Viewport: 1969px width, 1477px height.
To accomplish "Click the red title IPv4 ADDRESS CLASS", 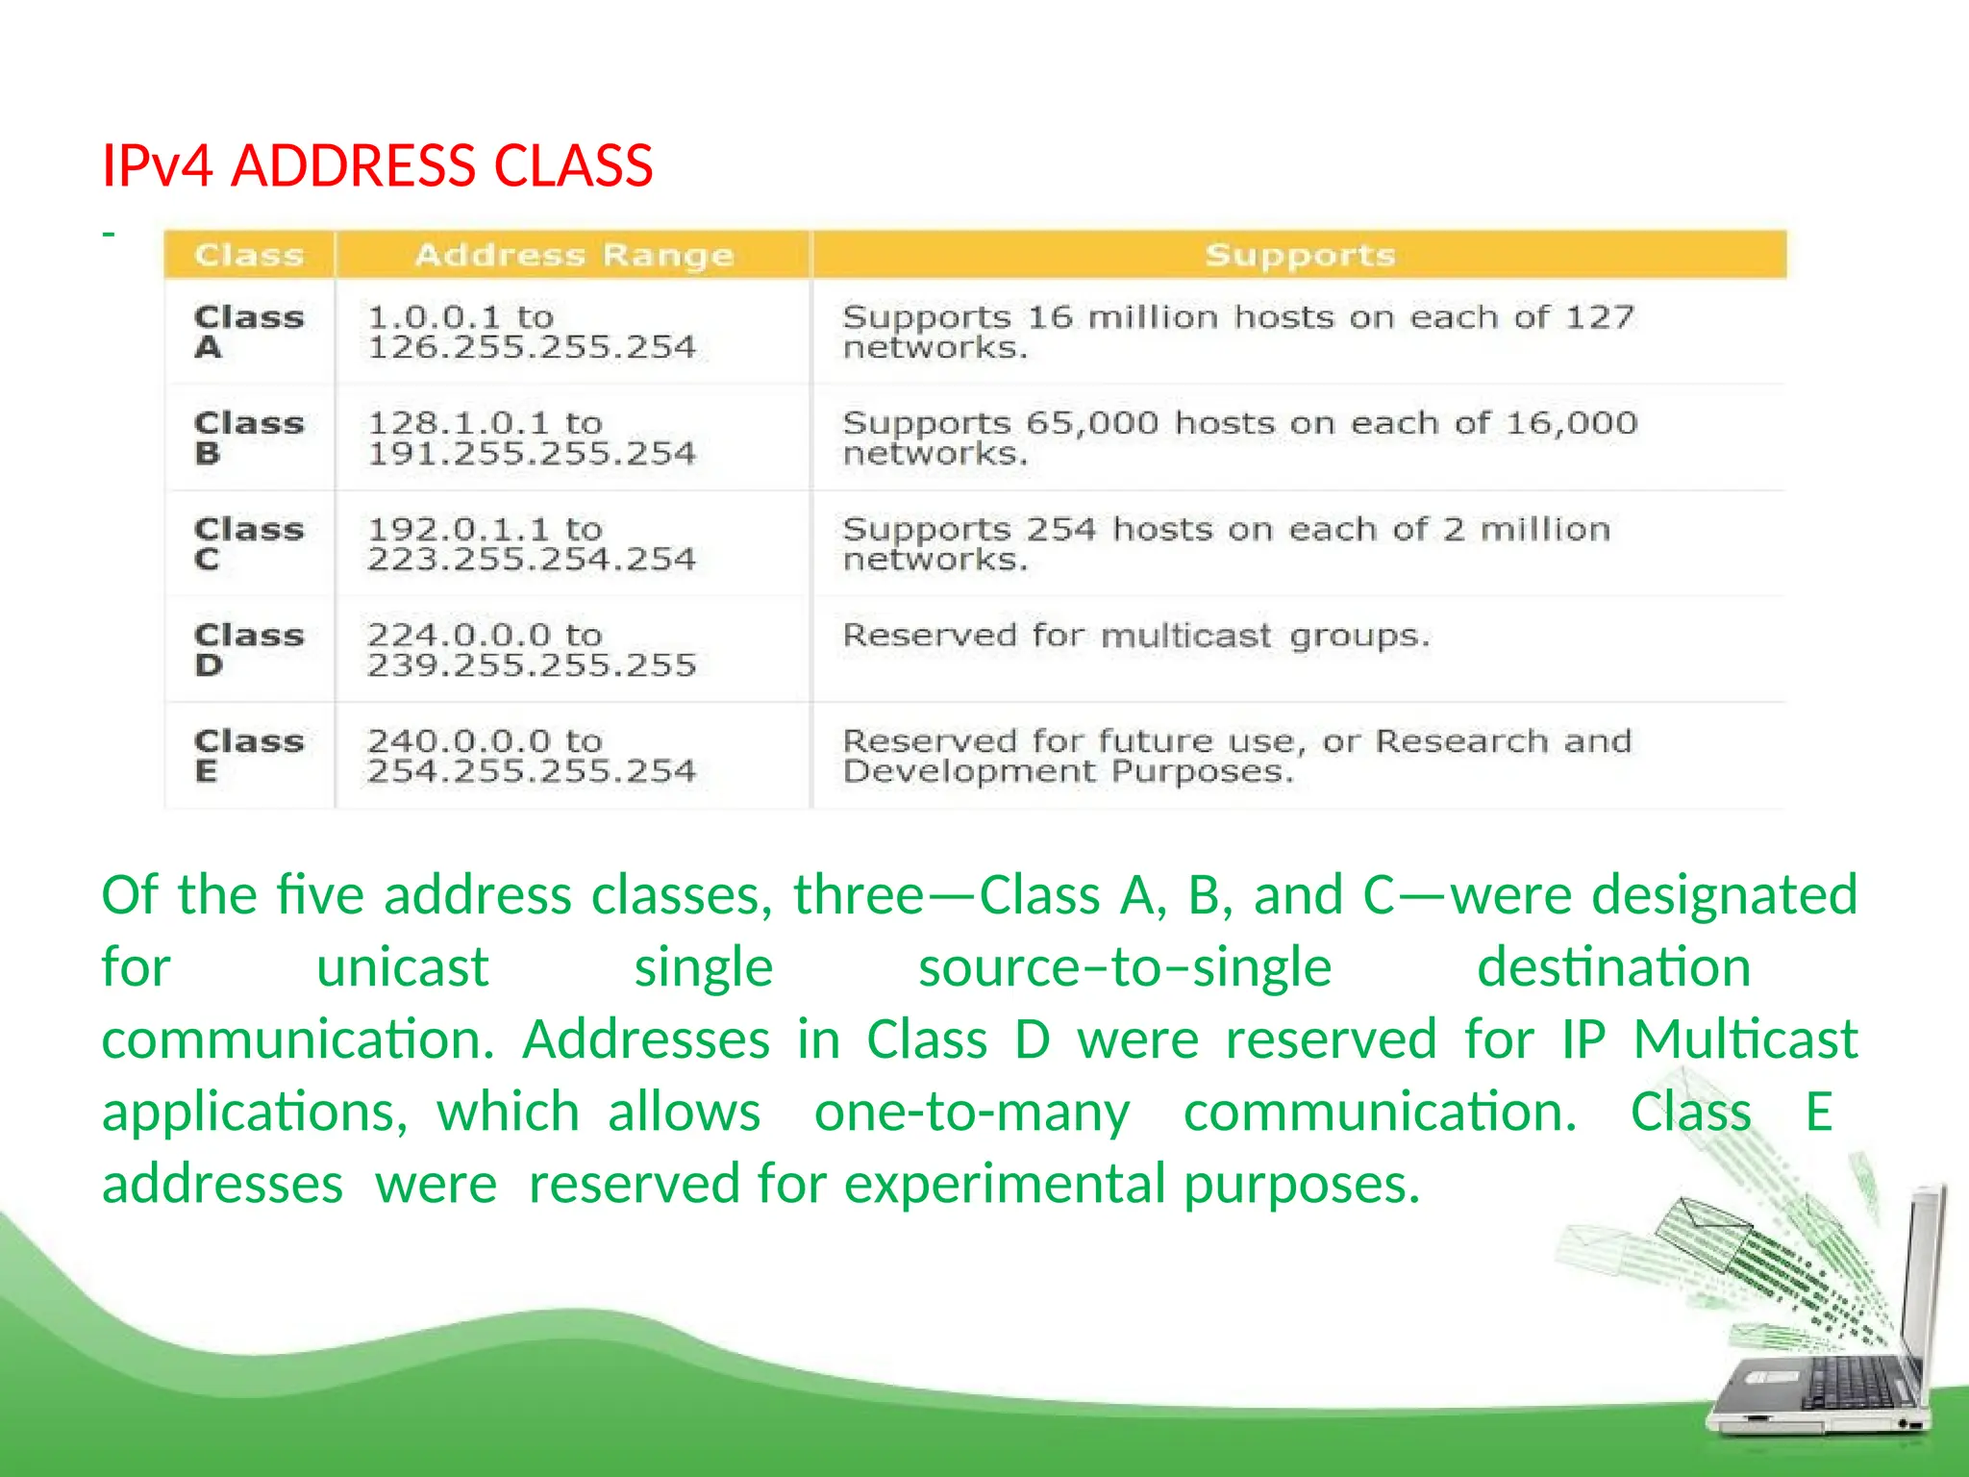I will [x=377, y=165].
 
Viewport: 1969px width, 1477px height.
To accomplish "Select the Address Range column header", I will [x=574, y=255].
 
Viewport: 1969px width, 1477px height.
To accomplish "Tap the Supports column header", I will [x=1299, y=255].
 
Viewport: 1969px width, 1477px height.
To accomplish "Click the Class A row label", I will [x=248, y=331].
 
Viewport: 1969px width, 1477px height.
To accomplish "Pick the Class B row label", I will [x=248, y=437].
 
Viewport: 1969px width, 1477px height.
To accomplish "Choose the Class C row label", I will [x=248, y=543].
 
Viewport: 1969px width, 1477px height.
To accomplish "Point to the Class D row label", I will [x=248, y=649].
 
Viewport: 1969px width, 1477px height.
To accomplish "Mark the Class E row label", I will [x=248, y=755].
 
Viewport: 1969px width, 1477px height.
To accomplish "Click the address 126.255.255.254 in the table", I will [x=532, y=347].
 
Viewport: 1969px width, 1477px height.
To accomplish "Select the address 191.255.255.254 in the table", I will [x=532, y=453].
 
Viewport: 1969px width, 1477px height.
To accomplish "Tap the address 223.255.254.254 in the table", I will [x=532, y=559].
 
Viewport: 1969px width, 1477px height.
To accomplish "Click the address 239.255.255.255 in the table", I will [x=532, y=664].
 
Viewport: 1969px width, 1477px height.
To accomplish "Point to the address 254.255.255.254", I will [x=532, y=770].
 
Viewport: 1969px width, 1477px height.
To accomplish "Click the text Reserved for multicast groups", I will [x=1136, y=636].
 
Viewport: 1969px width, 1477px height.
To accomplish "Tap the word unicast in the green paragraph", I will [x=402, y=966].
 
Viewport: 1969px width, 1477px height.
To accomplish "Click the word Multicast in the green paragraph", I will [x=1745, y=1039].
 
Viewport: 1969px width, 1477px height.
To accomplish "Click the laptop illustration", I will [x=1827, y=1346].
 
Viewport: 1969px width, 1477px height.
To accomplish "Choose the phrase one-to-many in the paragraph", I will [x=972, y=1112].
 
